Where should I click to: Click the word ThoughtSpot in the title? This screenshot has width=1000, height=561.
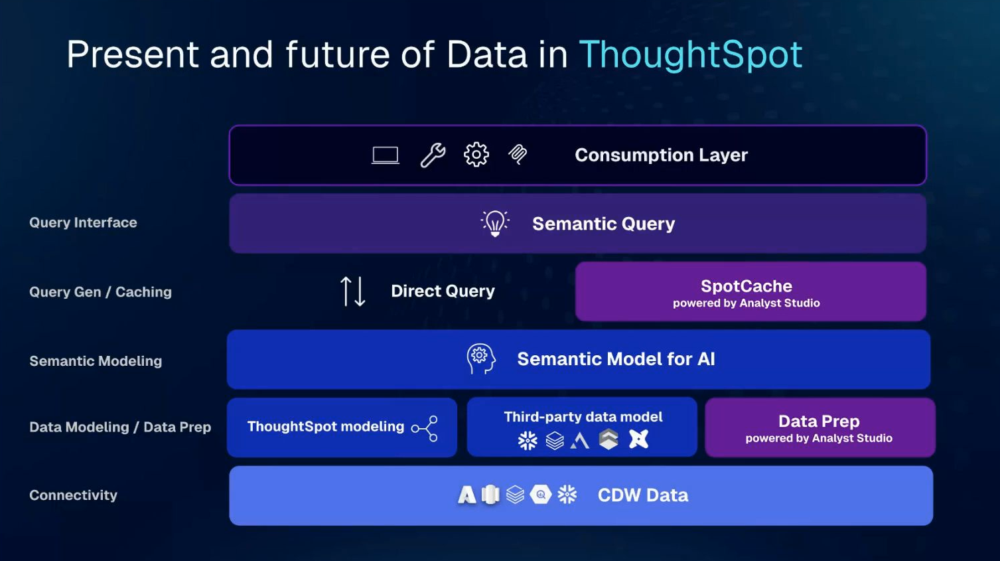click(691, 55)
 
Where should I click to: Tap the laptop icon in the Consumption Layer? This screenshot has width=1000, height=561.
click(386, 155)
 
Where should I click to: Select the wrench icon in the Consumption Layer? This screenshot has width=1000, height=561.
click(433, 155)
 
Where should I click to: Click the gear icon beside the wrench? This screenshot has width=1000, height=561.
click(476, 155)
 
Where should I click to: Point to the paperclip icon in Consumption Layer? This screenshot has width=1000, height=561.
click(518, 155)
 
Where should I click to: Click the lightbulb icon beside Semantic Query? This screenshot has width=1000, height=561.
click(495, 223)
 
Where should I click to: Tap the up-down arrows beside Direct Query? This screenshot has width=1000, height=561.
click(352, 291)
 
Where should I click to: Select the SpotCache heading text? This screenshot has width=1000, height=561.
click(747, 286)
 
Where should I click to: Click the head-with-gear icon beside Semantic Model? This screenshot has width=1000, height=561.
click(481, 359)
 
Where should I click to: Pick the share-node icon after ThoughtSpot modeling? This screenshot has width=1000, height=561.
click(425, 429)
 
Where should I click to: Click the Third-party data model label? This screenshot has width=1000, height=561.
click(583, 417)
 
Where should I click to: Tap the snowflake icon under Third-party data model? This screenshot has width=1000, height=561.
click(528, 440)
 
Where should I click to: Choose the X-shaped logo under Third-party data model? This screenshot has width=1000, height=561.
click(638, 439)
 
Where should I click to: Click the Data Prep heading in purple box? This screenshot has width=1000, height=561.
click(819, 421)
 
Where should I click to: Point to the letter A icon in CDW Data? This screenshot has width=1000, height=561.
click(467, 495)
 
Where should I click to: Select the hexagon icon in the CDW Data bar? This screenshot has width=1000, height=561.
click(541, 495)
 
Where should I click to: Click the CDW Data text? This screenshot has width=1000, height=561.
click(643, 495)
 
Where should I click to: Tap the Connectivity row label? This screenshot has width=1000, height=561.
click(73, 495)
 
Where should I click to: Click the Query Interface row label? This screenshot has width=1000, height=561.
click(83, 222)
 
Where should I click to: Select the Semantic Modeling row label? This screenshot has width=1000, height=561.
click(96, 361)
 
